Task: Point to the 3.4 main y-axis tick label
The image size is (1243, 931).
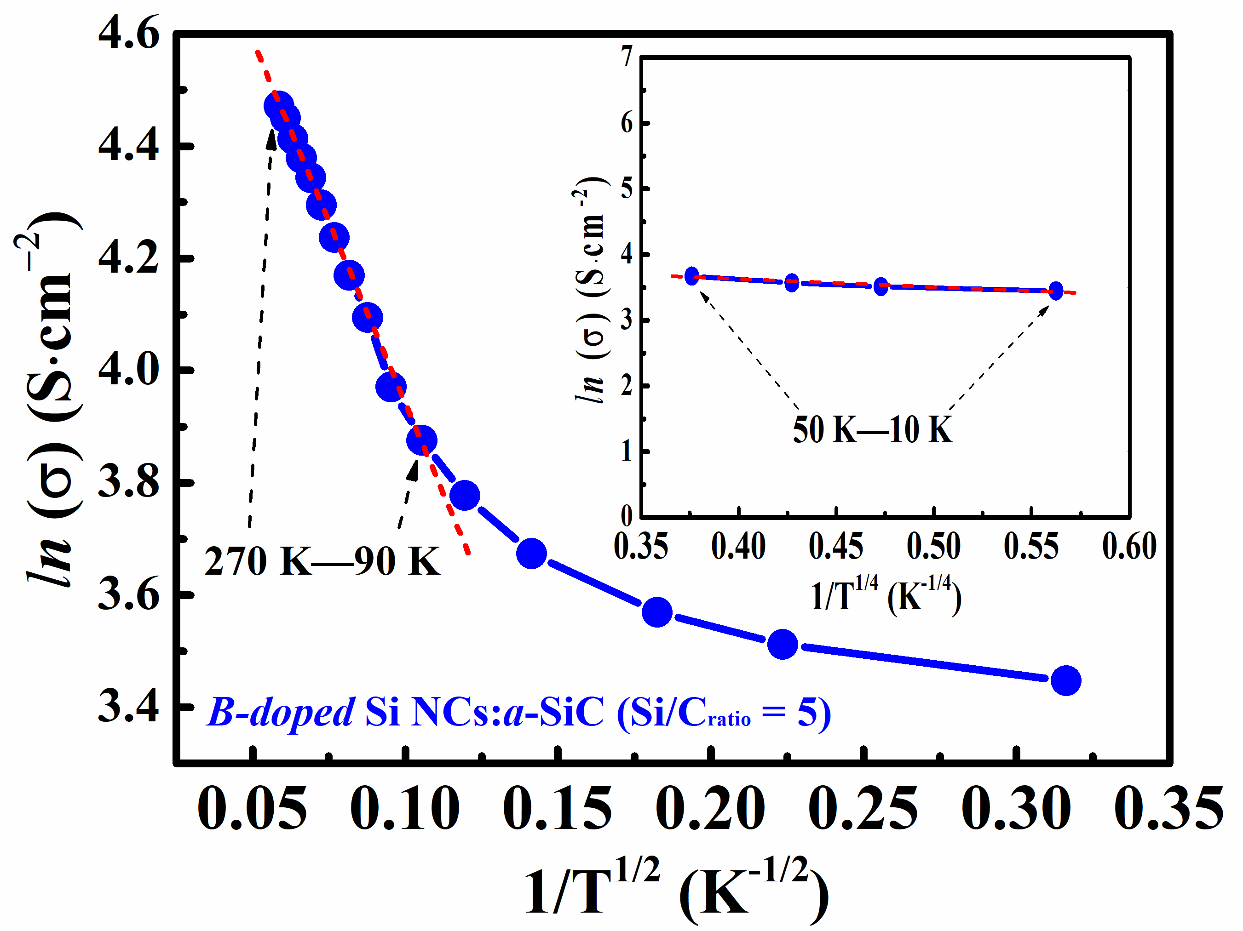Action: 128,706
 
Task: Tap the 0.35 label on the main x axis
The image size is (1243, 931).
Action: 1168,809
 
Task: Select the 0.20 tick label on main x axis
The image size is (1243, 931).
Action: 710,809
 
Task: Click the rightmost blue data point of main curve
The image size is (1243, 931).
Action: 1065,680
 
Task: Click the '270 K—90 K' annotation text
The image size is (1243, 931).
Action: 322,561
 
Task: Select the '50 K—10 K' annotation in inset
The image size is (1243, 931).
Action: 872,430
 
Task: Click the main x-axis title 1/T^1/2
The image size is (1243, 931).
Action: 674,890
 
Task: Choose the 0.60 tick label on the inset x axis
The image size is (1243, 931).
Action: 1129,546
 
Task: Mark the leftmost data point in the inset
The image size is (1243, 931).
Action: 692,276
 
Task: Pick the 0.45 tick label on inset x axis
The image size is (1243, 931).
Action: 835,546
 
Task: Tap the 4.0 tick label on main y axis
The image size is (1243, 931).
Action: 128,370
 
